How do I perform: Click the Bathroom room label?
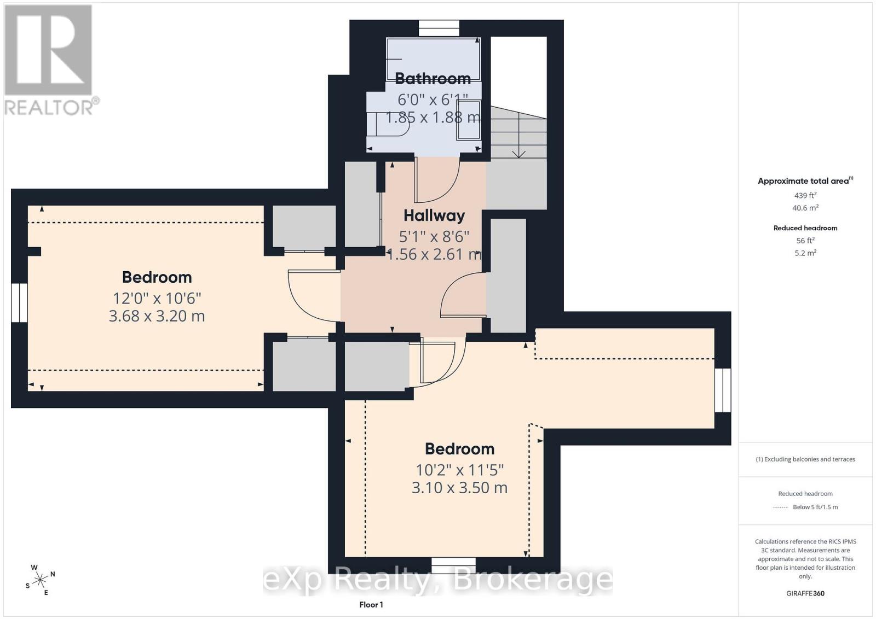pyautogui.click(x=433, y=79)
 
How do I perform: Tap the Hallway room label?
pyautogui.click(x=434, y=215)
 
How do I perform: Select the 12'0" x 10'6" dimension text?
pyautogui.click(x=157, y=299)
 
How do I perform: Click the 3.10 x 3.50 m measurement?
pyautogui.click(x=459, y=487)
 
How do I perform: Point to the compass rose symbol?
pyautogui.click(x=40, y=580)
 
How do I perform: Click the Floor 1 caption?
pyautogui.click(x=371, y=605)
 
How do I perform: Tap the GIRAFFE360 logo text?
pyautogui.click(x=805, y=593)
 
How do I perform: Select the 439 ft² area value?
pyautogui.click(x=805, y=195)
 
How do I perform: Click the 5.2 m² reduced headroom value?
pyautogui.click(x=805, y=253)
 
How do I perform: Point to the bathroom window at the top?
pyautogui.click(x=439, y=28)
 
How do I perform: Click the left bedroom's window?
pyautogui.click(x=19, y=303)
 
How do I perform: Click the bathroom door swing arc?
pyautogui.click(x=437, y=180)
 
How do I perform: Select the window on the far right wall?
pyautogui.click(x=723, y=390)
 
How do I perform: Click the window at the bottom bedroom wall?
pyautogui.click(x=453, y=565)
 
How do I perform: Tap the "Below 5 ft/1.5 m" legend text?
pyautogui.click(x=815, y=507)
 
